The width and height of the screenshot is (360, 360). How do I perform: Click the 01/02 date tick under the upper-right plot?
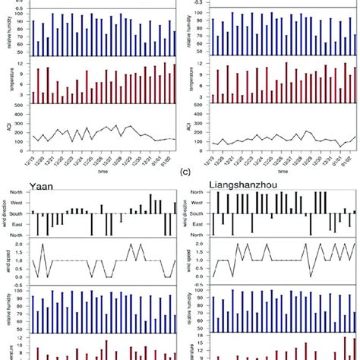[350, 162]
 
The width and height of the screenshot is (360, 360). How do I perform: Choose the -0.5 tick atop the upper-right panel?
[199, 2]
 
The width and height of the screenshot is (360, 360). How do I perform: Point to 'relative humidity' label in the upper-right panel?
[191, 34]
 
